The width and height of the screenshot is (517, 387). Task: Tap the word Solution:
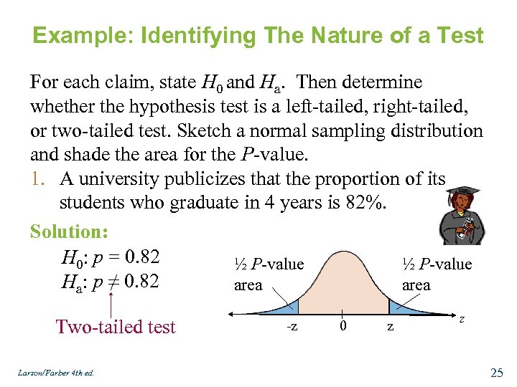tap(69, 231)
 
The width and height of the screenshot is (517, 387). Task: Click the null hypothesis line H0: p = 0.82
tap(111, 257)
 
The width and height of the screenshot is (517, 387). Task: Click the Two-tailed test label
tap(116, 327)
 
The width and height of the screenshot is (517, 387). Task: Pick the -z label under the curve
tap(292, 327)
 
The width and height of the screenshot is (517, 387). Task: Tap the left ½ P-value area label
tap(269, 274)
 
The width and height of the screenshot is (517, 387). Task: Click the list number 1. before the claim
tap(39, 178)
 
